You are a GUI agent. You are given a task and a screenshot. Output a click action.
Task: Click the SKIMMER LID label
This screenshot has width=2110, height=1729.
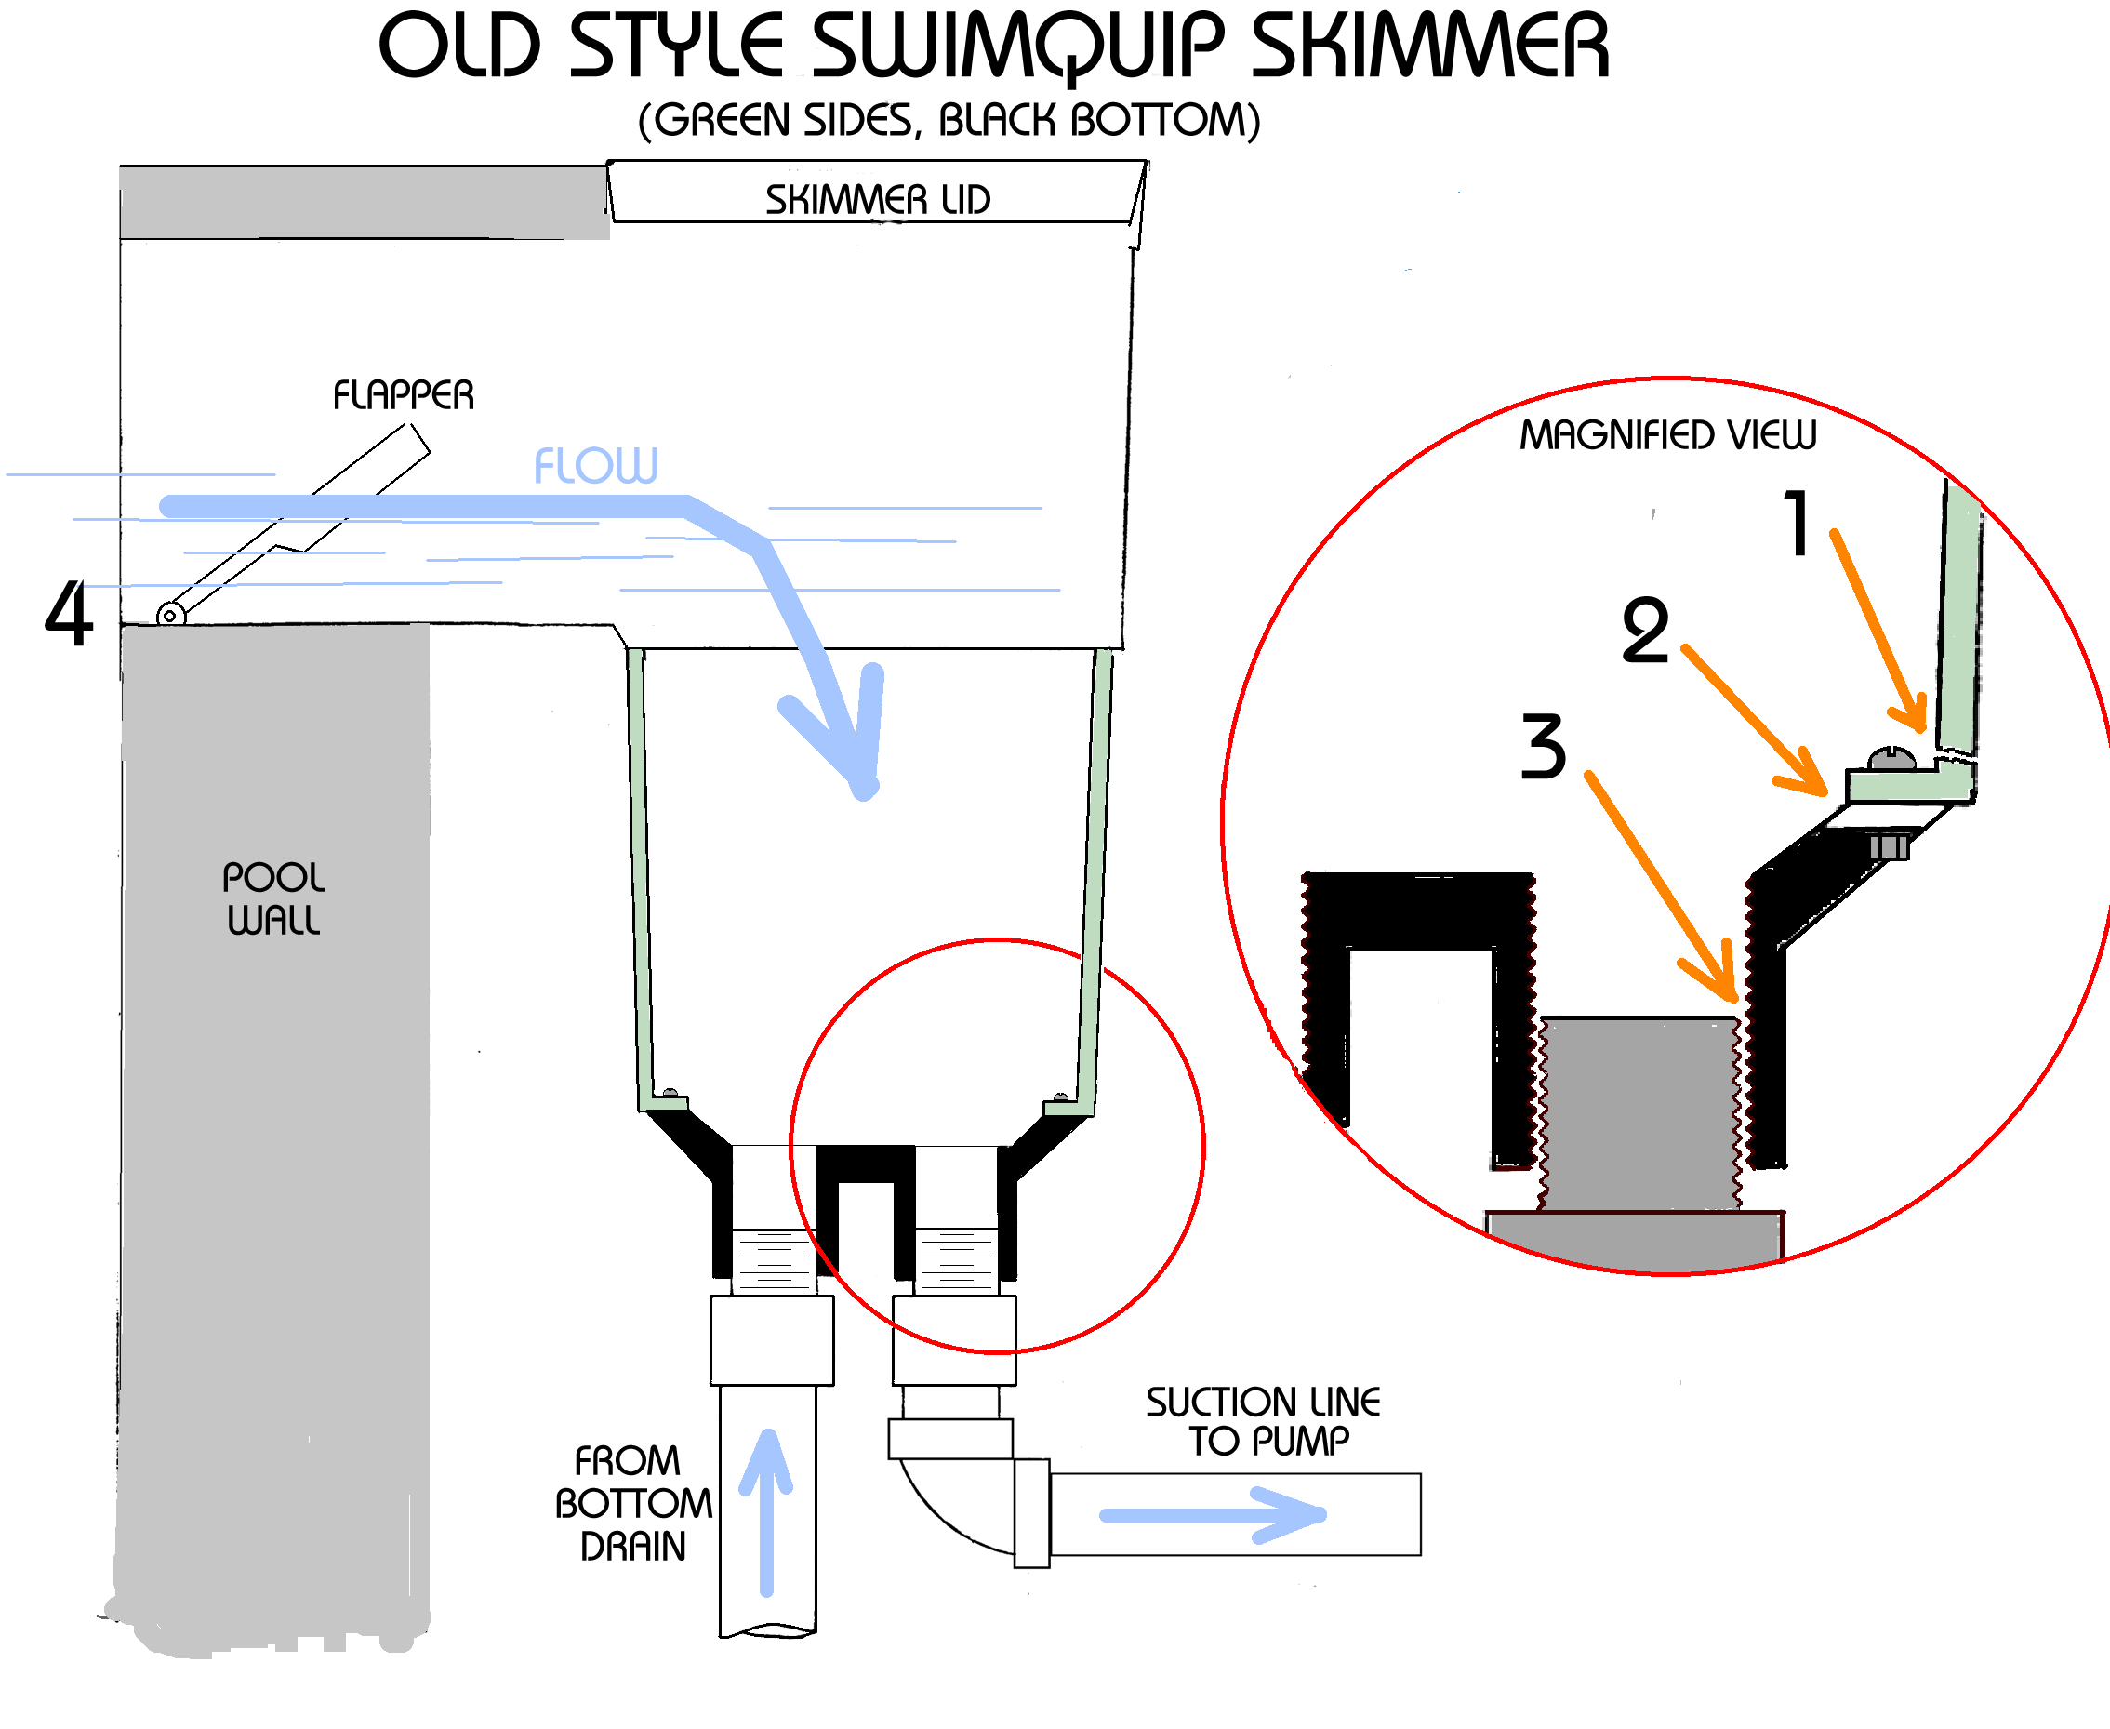[x=877, y=199]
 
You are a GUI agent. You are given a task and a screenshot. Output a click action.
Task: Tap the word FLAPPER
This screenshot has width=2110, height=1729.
[x=404, y=395]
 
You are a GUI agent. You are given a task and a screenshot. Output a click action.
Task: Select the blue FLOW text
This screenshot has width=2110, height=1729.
[x=595, y=465]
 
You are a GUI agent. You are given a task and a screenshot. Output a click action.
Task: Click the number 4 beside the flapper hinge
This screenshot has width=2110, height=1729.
[x=69, y=614]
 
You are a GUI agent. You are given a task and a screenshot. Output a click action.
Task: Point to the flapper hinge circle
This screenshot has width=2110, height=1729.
[x=170, y=616]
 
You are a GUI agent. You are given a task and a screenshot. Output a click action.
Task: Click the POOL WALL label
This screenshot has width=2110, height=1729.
[x=272, y=898]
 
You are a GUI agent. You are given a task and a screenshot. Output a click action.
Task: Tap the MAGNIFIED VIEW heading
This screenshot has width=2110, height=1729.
[x=1666, y=435]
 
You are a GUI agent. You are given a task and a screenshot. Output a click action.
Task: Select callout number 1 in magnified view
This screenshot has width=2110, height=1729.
[x=1797, y=523]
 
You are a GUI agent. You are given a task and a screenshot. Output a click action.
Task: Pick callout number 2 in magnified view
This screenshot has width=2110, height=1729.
[x=1644, y=631]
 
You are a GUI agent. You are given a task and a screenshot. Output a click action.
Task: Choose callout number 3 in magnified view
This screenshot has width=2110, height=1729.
[x=1543, y=746]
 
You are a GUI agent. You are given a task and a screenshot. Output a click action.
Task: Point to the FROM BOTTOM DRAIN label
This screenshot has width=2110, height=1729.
[x=632, y=1503]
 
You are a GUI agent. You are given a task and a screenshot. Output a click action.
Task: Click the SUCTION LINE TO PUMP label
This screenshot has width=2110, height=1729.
[x=1263, y=1421]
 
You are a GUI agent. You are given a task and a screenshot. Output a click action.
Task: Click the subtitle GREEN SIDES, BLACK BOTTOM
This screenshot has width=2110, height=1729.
[x=949, y=121]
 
